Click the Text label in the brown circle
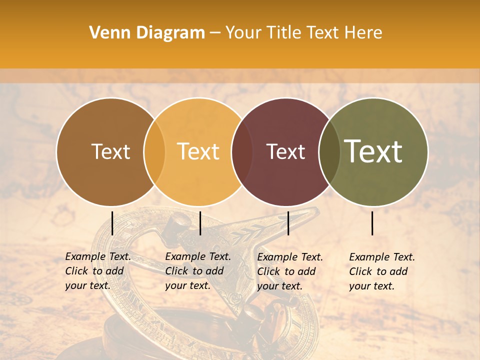[x=110, y=151]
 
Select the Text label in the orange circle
[x=198, y=151]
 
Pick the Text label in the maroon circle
[x=285, y=151]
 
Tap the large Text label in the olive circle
[x=373, y=151]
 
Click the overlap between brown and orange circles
[x=154, y=151]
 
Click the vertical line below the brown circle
[x=112, y=223]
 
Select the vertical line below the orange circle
[x=200, y=223]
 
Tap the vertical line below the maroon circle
[x=288, y=223]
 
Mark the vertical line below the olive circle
[x=372, y=223]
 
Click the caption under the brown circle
[x=97, y=271]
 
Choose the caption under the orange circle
[x=197, y=271]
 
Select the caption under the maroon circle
[x=289, y=271]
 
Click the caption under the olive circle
[x=381, y=271]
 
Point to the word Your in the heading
[x=243, y=33]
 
